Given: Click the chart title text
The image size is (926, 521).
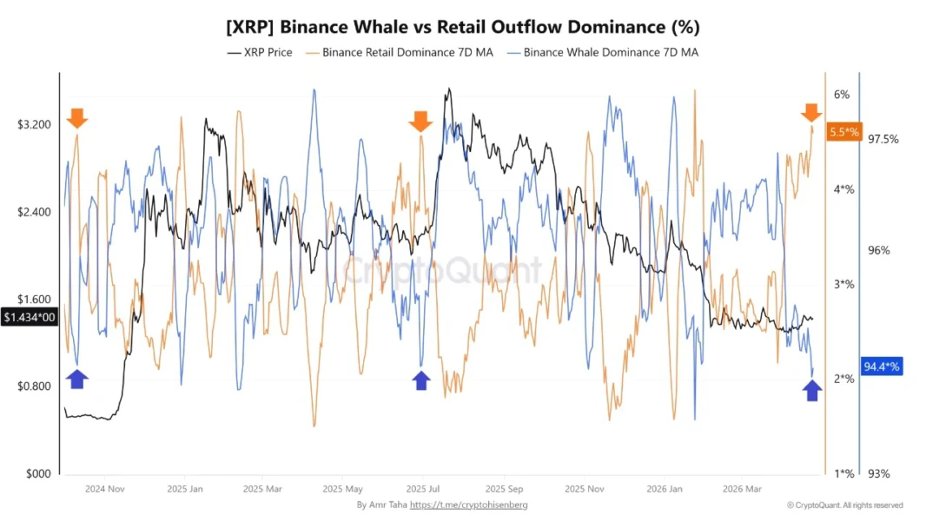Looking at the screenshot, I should (x=462, y=27).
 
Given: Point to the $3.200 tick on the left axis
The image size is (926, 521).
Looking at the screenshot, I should (x=35, y=125).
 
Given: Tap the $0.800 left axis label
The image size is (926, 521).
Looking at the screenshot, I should (x=35, y=386).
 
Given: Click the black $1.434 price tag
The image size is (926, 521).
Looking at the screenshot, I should (x=30, y=318).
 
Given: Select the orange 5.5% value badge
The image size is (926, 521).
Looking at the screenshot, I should (x=843, y=133).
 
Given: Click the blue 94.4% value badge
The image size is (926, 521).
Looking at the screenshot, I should (x=881, y=366).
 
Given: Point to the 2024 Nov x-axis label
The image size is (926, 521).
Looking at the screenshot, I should (x=105, y=489).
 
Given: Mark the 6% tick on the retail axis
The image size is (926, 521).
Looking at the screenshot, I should (x=841, y=95).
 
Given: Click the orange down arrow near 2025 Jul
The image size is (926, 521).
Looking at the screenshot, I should (x=420, y=121).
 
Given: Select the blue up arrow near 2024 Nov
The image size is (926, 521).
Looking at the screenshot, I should (x=77, y=379).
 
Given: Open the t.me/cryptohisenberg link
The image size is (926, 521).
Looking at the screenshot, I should (x=468, y=505).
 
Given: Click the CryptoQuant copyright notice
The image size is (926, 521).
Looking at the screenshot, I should (x=844, y=505).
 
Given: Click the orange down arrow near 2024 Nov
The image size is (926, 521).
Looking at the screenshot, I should (x=77, y=118).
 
